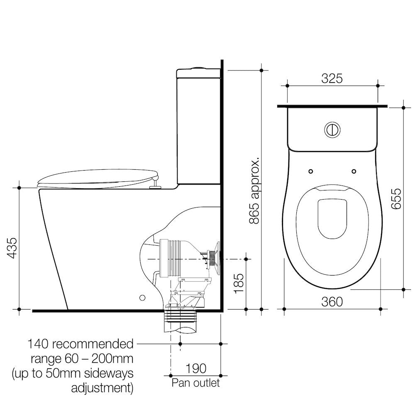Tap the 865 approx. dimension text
tap(255, 190)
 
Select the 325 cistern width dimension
tap(332, 78)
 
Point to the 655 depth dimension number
tap(396, 199)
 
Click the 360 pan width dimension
tap(332, 302)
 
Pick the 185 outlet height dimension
tap(239, 283)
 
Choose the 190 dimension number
tap(196, 368)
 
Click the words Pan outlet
tap(195, 383)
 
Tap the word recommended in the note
tap(93, 344)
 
